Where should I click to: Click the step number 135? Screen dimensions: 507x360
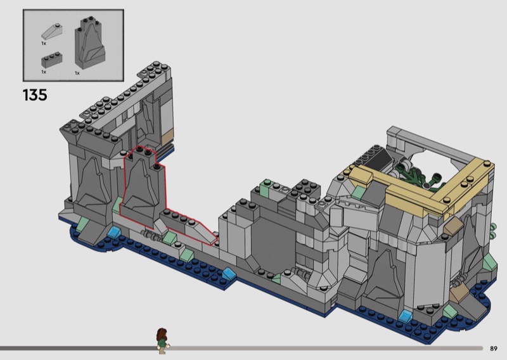pyautogui.click(x=35, y=95)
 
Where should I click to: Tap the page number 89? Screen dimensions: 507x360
pyautogui.click(x=494, y=349)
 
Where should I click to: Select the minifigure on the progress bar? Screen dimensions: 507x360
pyautogui.click(x=163, y=341)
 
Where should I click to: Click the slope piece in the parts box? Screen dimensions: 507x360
pyautogui.click(x=52, y=32)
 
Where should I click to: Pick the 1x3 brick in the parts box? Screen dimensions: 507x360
pyautogui.click(x=52, y=60)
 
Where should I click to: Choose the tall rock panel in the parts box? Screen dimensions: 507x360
pyautogui.click(x=89, y=42)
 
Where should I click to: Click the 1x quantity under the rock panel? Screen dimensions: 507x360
pyautogui.click(x=77, y=73)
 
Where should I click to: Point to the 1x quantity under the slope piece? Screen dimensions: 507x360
pyautogui.click(x=44, y=43)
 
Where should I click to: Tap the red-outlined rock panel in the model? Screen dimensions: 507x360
pyautogui.click(x=142, y=188)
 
